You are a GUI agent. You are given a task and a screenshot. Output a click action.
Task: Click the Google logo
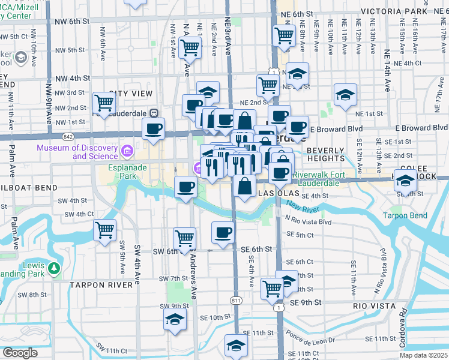pos(19,353)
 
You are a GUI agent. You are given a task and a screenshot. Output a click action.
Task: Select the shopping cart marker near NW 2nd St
pos(104,103)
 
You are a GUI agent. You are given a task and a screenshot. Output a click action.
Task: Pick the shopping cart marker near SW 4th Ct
pos(105,230)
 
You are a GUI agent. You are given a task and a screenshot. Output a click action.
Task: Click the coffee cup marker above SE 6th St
pos(223,232)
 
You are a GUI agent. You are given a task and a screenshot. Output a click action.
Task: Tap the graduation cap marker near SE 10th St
pos(175,319)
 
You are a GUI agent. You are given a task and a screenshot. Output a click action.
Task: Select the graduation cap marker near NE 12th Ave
pos(345,95)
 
